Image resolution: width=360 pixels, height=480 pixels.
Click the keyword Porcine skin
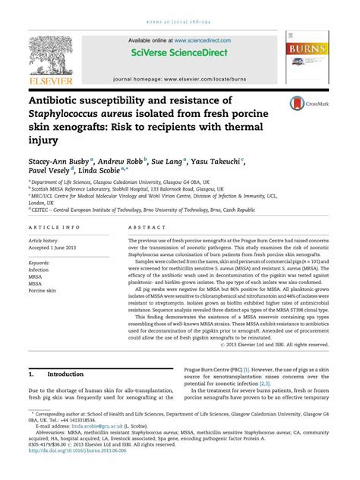click(43, 291)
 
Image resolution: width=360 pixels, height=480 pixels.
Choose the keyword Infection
click(39, 270)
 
